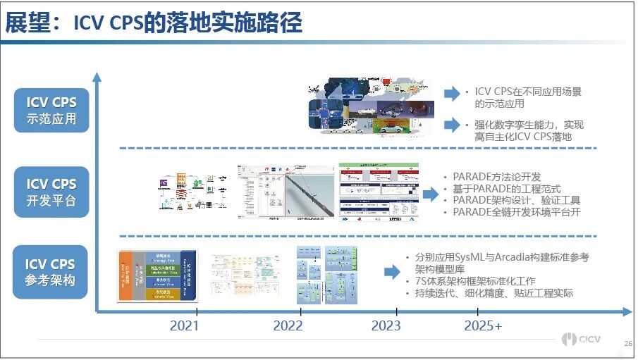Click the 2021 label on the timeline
click(x=185, y=326)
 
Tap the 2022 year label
click(x=288, y=326)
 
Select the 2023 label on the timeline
click(x=386, y=326)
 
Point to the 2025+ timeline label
click(x=484, y=326)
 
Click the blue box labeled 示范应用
click(x=51, y=110)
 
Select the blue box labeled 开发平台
click(x=51, y=192)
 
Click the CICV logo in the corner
click(x=582, y=340)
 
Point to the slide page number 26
click(x=627, y=343)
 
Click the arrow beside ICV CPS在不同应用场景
click(x=452, y=93)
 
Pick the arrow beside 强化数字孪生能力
click(x=452, y=125)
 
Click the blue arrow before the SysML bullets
click(x=392, y=271)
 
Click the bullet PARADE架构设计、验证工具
click(x=516, y=201)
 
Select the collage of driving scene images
click(x=367, y=107)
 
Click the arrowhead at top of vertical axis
click(x=98, y=77)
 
